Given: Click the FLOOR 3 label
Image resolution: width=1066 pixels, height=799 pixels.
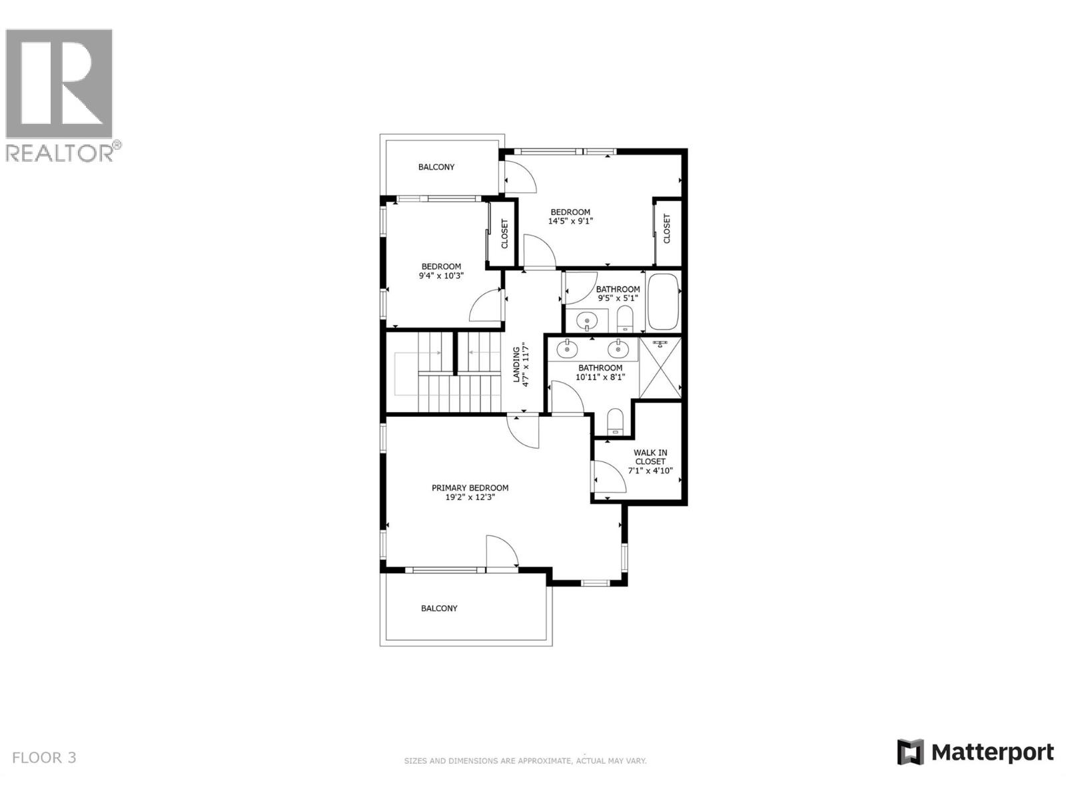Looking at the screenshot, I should pos(45,758).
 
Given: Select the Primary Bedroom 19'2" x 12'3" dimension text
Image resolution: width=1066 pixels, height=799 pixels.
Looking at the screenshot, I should pos(470,497).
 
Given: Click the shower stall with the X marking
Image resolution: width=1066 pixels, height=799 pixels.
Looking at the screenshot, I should pos(660,368).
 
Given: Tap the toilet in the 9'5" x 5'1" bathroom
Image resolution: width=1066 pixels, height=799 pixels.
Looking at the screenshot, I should pos(625,320).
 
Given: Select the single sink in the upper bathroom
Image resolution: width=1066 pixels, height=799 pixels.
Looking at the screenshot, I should pos(587,321).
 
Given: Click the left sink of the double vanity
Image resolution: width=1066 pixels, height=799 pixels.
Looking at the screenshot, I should pos(567,347).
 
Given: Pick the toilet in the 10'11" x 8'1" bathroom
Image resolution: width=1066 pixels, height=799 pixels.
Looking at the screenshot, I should pos(614,421).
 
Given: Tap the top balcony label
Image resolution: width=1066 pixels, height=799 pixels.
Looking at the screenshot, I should pos(436,167).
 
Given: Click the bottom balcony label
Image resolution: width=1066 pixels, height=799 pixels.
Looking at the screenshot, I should pos(439,609).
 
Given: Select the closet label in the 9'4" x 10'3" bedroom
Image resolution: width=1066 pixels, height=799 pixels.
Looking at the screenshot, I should pos(504,234).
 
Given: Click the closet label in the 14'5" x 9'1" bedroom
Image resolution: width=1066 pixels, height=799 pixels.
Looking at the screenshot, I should pos(667,228).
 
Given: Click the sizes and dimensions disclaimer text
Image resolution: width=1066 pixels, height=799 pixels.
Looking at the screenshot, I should pos(525,760).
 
